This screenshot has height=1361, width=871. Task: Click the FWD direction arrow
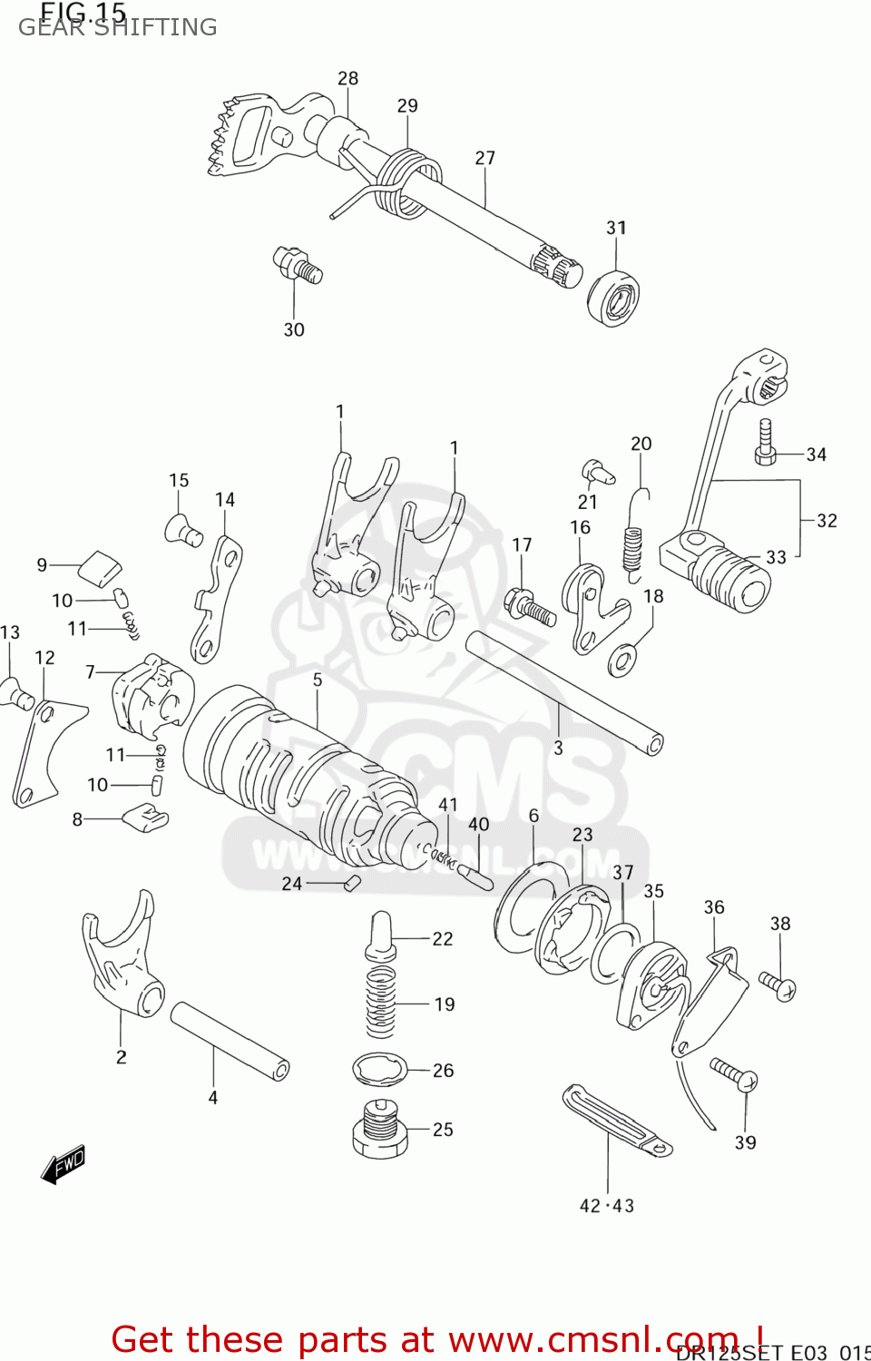point(64,1164)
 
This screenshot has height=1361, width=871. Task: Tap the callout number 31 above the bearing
point(616,228)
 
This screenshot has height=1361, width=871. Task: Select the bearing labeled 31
point(613,296)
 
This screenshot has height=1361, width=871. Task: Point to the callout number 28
point(347,79)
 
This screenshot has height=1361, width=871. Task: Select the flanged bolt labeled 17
point(529,606)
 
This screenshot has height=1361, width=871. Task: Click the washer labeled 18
point(622,660)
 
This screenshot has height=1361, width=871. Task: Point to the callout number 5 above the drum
point(317,680)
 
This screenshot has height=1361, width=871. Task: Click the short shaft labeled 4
point(230,1041)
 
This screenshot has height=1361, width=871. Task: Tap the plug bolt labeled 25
point(380,1130)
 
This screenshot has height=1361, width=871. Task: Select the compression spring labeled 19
point(380,1003)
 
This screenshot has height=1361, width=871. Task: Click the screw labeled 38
point(778,985)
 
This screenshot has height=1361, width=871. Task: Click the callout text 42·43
point(607,1206)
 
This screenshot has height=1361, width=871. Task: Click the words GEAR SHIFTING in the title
point(118,27)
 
